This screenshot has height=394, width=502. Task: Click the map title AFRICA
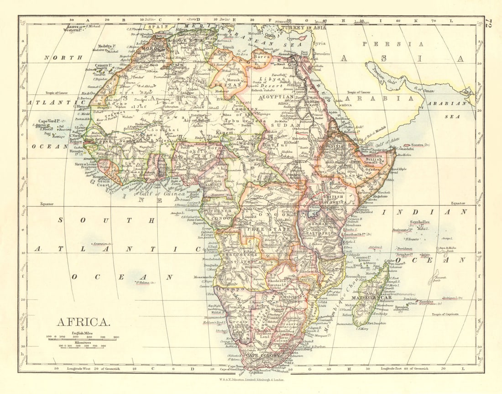[x=83, y=322]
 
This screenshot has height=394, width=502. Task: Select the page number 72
[x=490, y=25]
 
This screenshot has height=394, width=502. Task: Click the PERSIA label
[x=393, y=44]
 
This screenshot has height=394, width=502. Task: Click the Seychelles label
[x=420, y=222]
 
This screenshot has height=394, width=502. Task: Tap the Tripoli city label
[x=229, y=47]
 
